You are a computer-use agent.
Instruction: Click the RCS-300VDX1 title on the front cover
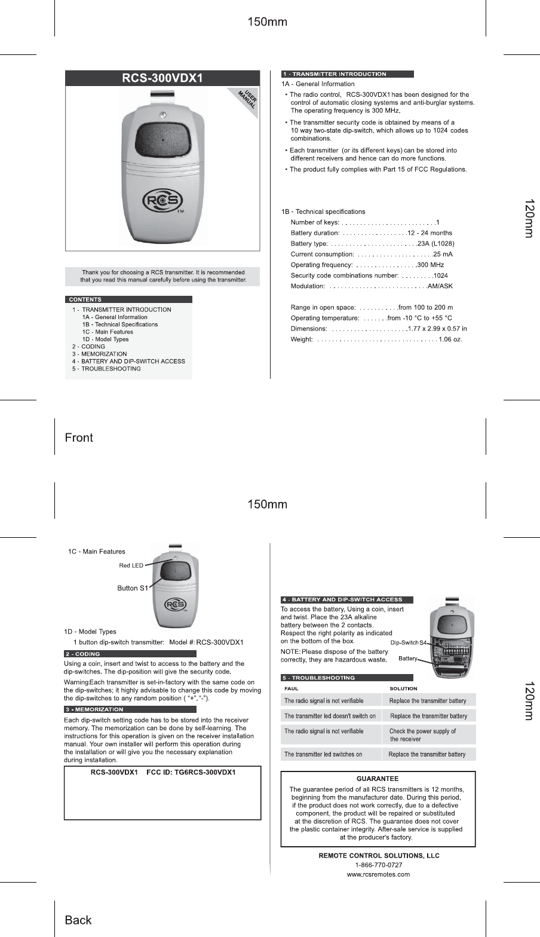(x=162, y=78)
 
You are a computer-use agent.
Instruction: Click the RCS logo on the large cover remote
(x=162, y=202)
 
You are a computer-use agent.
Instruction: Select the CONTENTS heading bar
(x=128, y=299)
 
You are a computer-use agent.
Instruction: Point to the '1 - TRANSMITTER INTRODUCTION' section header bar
(x=348, y=74)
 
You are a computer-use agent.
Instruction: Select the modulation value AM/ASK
(x=440, y=286)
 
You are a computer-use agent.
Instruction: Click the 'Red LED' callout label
(x=131, y=565)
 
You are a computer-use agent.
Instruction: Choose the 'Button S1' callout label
(x=132, y=588)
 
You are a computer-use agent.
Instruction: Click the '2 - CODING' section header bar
(x=130, y=654)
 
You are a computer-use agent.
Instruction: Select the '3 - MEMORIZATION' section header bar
(x=130, y=709)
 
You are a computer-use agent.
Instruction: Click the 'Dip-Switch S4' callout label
(x=408, y=642)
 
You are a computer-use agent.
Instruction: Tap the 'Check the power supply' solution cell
(x=428, y=734)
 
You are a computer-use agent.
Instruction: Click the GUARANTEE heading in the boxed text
(x=378, y=779)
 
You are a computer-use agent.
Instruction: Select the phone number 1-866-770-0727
(x=379, y=865)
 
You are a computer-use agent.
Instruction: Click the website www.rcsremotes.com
(x=379, y=874)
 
